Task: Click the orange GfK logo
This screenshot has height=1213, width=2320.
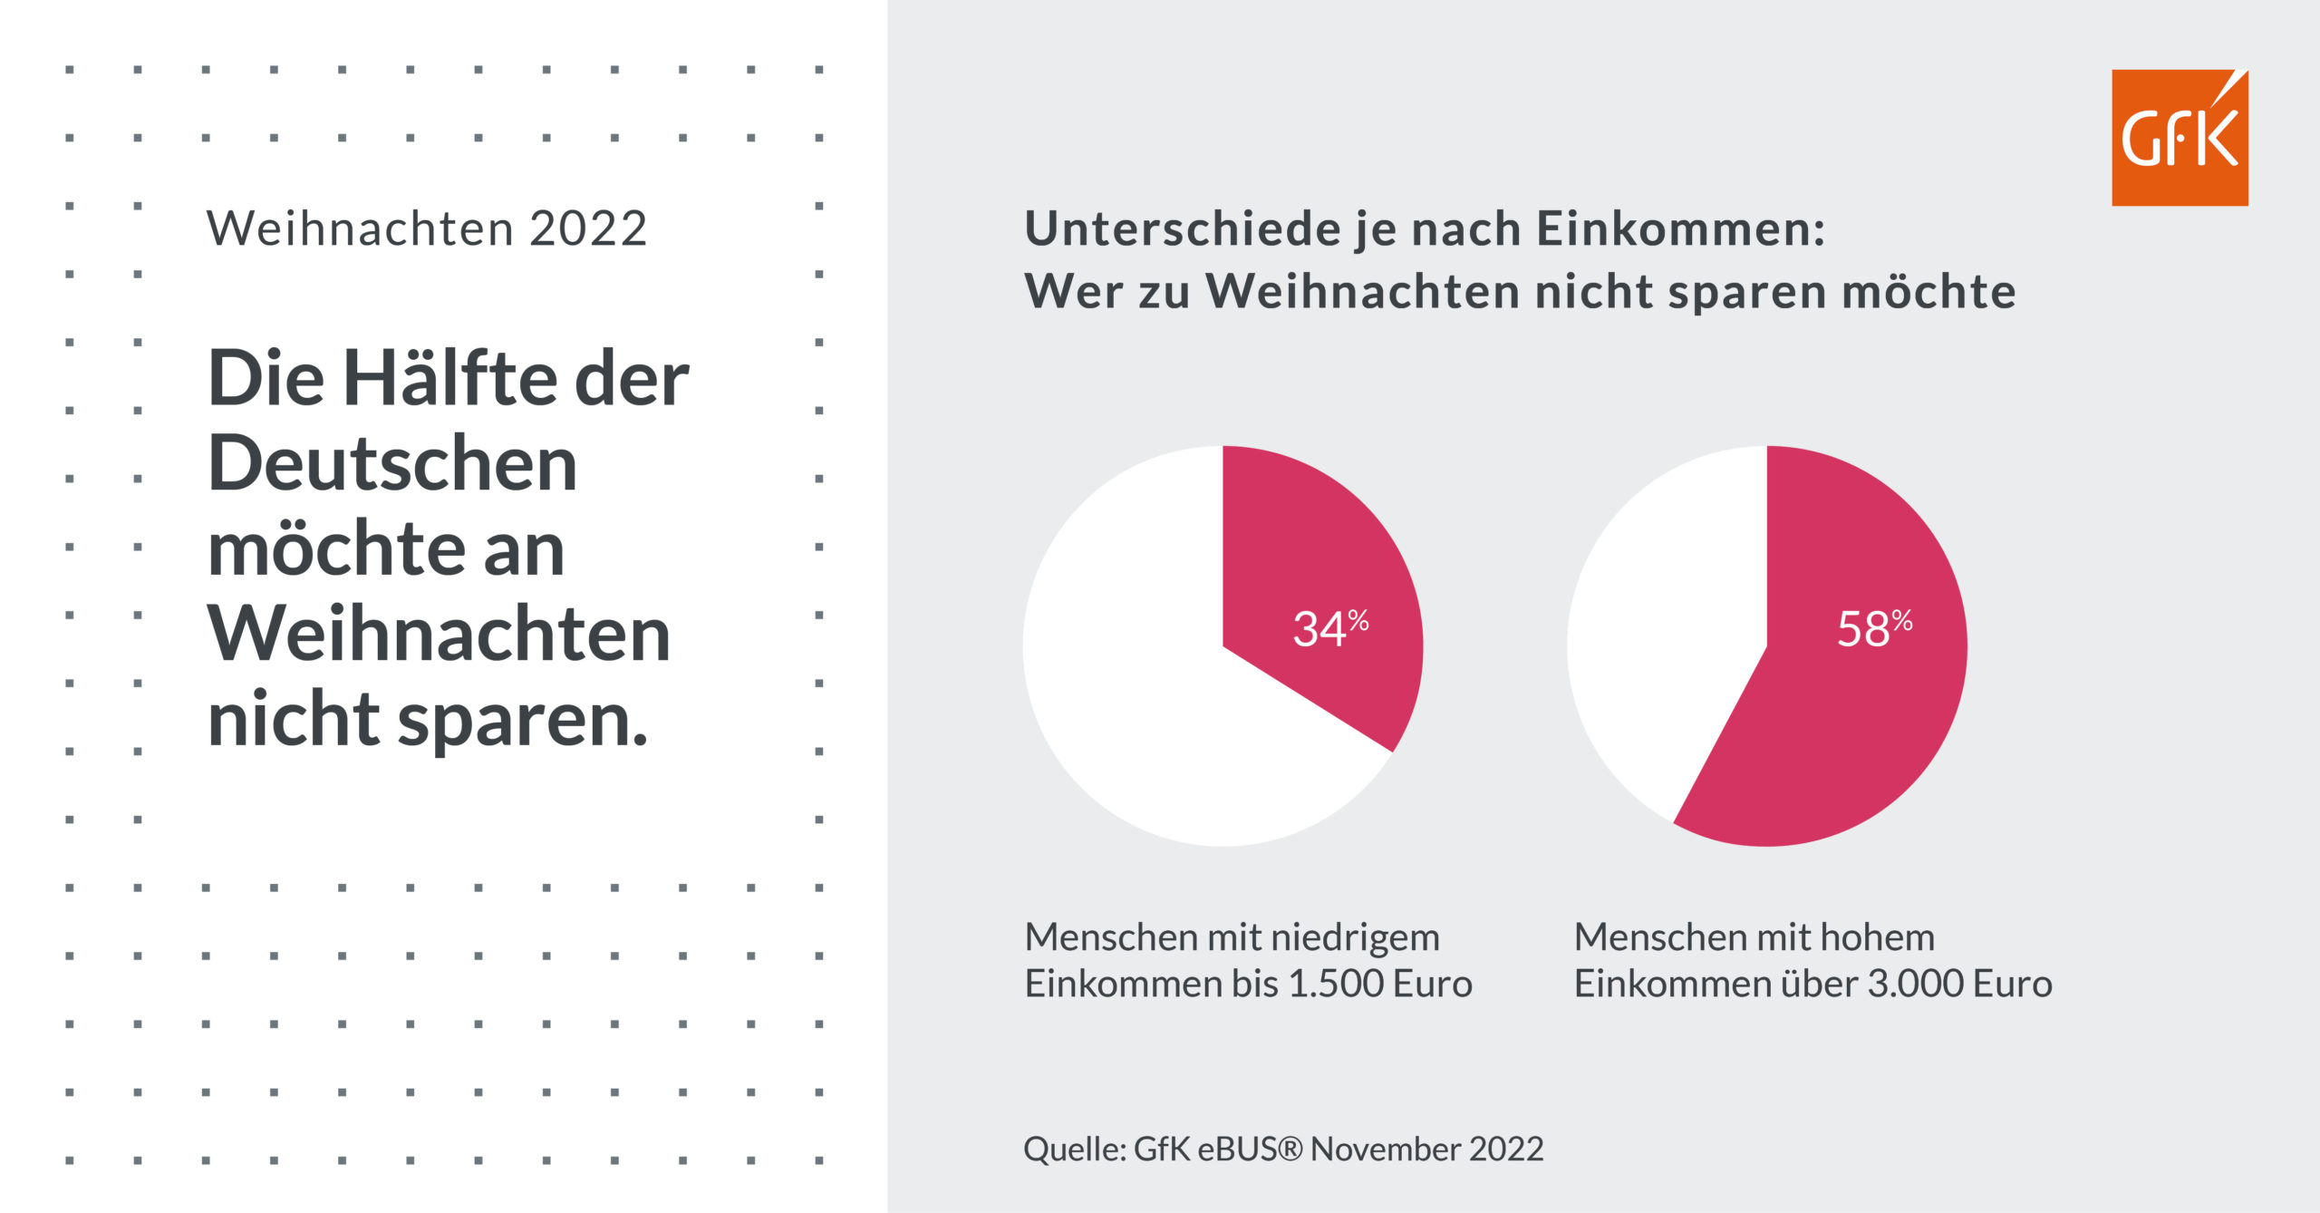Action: coord(2179,138)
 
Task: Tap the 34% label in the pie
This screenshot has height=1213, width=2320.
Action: coord(1329,628)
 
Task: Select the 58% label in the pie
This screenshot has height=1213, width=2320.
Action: coord(1873,628)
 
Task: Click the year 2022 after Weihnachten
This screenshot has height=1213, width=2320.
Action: coord(588,228)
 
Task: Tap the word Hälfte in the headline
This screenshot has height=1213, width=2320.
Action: coord(449,379)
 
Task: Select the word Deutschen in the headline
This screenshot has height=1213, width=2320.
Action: coord(392,464)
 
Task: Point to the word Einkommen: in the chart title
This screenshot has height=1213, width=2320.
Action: coord(1680,228)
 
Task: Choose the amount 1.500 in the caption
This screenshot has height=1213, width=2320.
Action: coord(1337,984)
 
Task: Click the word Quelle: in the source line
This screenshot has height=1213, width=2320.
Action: coord(1075,1150)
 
